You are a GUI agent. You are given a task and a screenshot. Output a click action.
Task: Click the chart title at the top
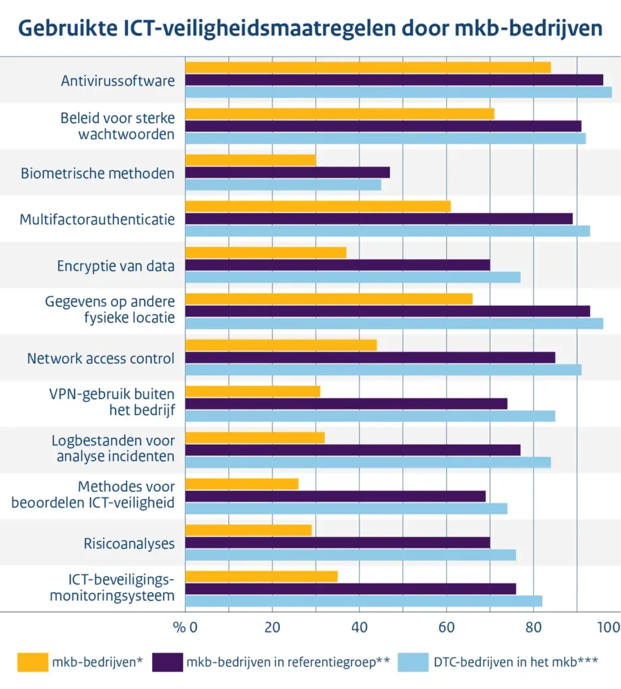(310, 28)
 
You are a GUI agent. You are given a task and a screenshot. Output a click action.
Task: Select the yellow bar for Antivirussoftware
(367, 67)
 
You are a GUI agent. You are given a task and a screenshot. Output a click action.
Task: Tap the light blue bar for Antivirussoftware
(398, 92)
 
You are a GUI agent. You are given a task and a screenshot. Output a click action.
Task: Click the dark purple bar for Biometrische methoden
(287, 172)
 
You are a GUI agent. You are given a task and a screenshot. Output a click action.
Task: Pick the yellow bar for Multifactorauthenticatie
(318, 206)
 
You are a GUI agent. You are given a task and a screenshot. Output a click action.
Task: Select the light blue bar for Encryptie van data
(353, 277)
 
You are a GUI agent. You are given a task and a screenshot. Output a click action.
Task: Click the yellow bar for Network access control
(281, 344)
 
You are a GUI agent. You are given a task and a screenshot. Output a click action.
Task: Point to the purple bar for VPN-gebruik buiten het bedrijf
(346, 404)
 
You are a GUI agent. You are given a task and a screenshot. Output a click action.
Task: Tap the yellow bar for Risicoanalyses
(248, 530)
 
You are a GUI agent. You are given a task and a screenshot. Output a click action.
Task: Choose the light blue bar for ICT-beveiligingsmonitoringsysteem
(363, 601)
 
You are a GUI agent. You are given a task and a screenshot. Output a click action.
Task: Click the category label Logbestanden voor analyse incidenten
(113, 449)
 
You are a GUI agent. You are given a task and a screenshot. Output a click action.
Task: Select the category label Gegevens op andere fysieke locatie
(110, 310)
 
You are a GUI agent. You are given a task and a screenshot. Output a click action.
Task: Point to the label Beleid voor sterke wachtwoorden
(117, 125)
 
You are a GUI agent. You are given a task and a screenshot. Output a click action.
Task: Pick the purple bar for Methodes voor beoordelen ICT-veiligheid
(335, 496)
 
